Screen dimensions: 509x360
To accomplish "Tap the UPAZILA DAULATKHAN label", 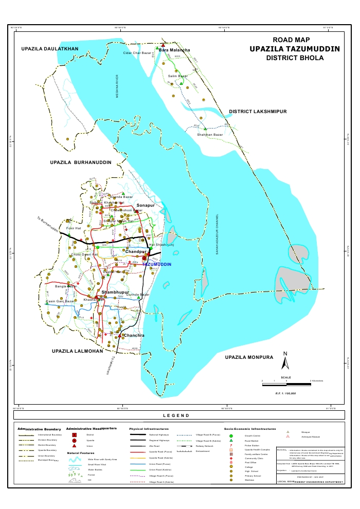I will click(50, 49).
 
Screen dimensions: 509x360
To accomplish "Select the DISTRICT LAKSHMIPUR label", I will click(257, 112).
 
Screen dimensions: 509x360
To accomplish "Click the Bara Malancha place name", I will click(174, 50).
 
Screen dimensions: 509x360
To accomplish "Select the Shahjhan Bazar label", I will click(210, 135).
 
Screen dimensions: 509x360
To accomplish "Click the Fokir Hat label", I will click(74, 228).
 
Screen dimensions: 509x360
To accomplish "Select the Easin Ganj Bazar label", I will click(61, 301).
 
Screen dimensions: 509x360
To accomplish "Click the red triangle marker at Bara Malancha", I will click(163, 45).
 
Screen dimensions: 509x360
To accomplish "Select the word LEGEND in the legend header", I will click(176, 415).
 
